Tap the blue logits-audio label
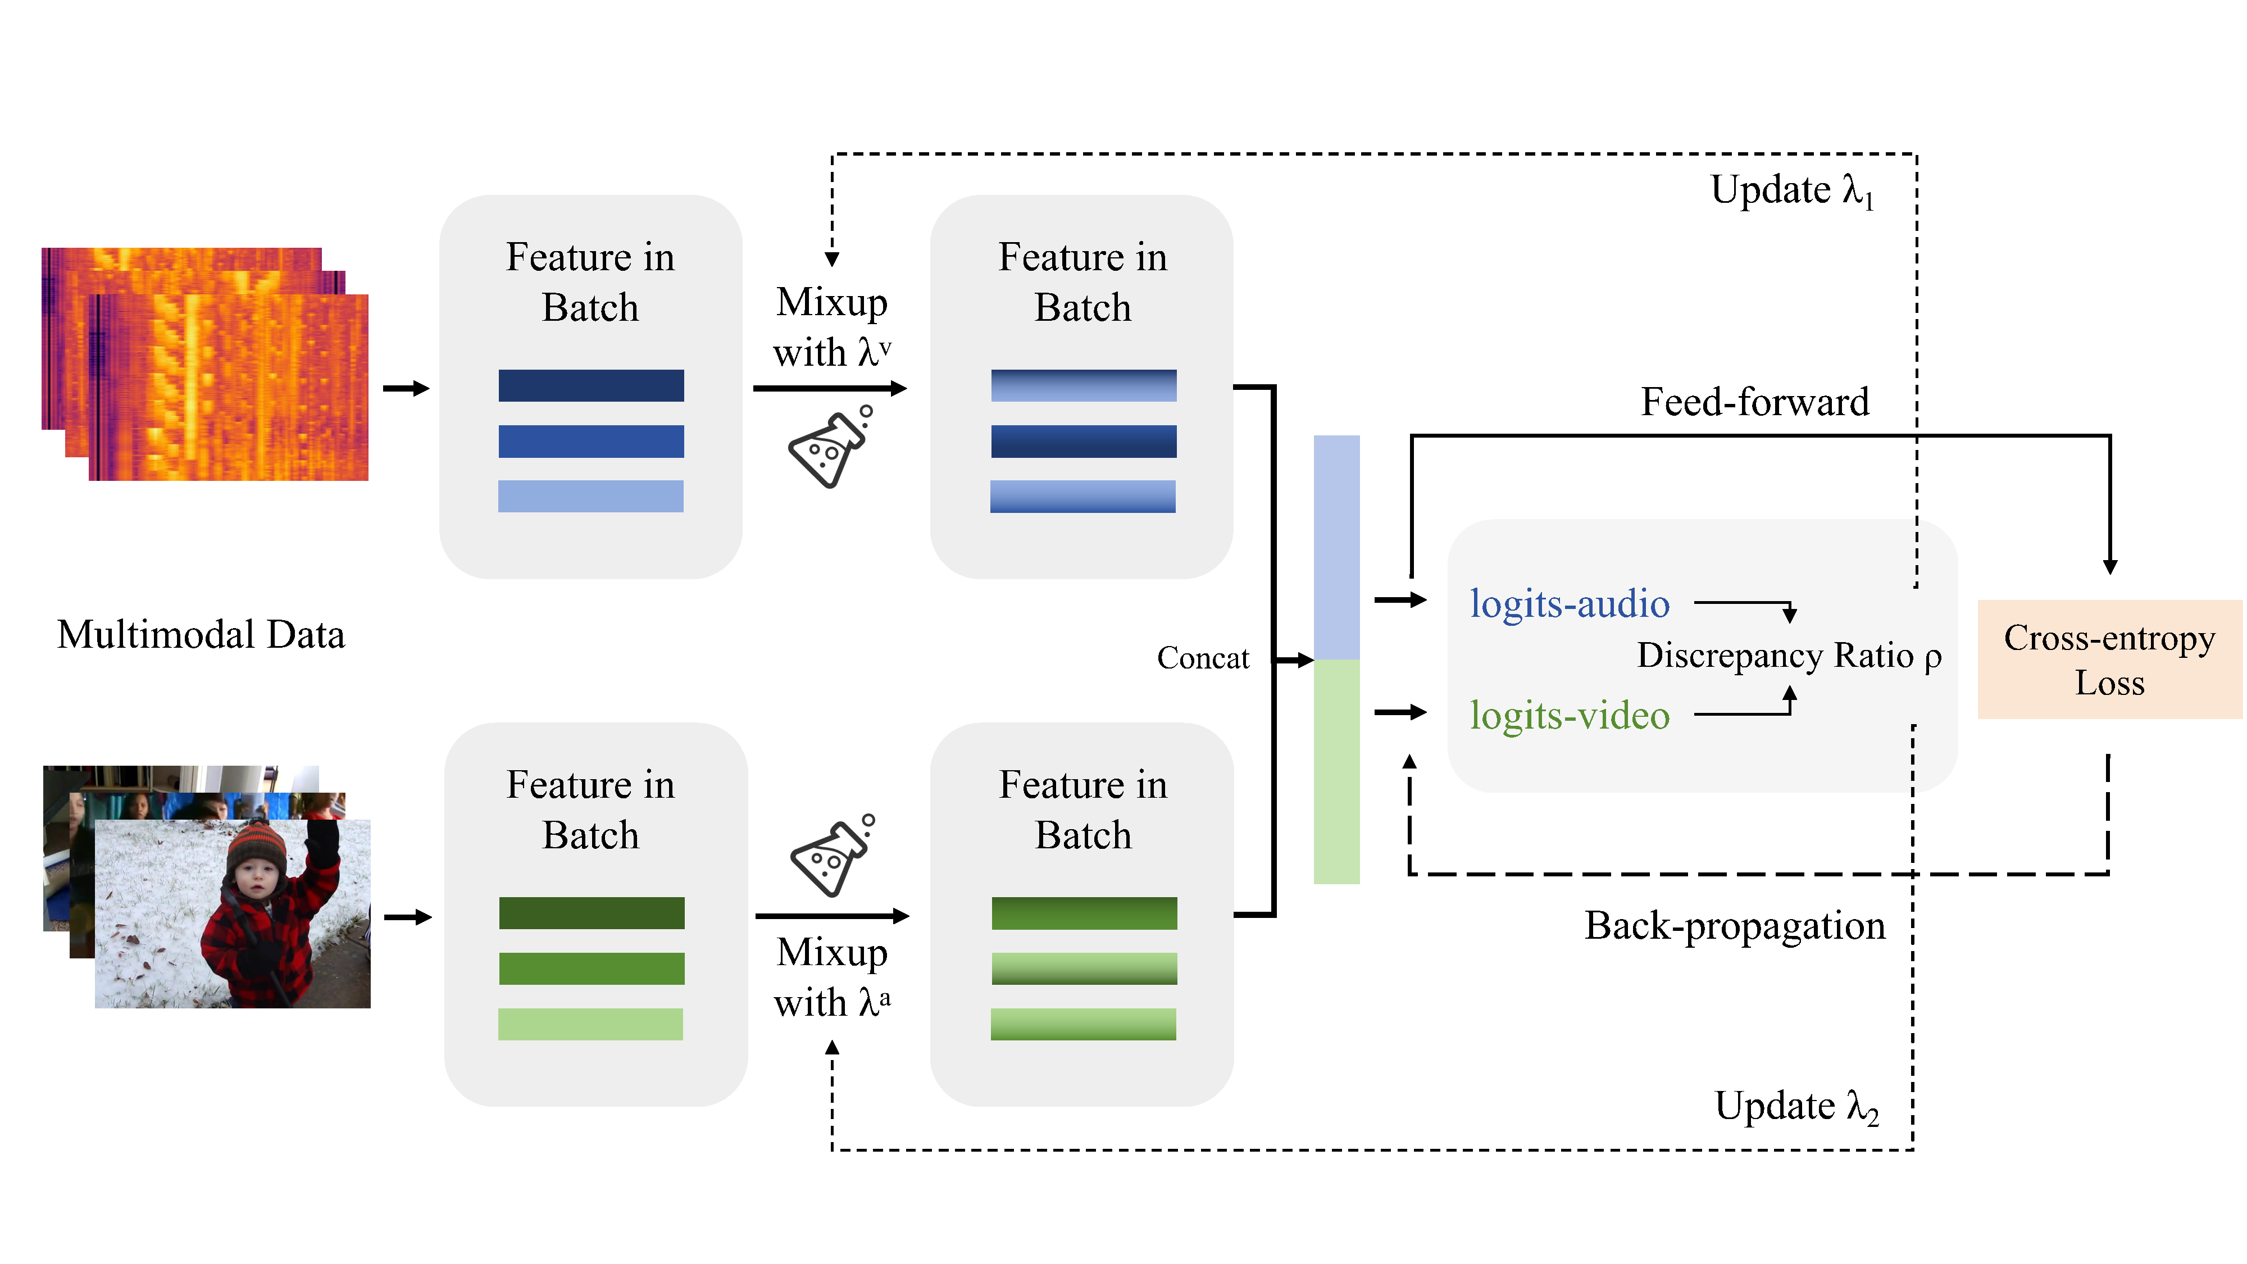(1569, 604)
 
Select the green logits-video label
(1569, 715)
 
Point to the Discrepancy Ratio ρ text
(1788, 655)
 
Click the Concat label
(1202, 658)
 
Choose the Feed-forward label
(1754, 402)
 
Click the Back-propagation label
(1734, 926)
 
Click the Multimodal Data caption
(201, 634)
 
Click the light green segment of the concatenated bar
(1336, 772)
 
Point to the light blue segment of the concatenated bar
(1336, 547)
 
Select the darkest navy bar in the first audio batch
(590, 385)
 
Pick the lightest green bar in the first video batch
(590, 1024)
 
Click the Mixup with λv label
(831, 327)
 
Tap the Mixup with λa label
(831, 977)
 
